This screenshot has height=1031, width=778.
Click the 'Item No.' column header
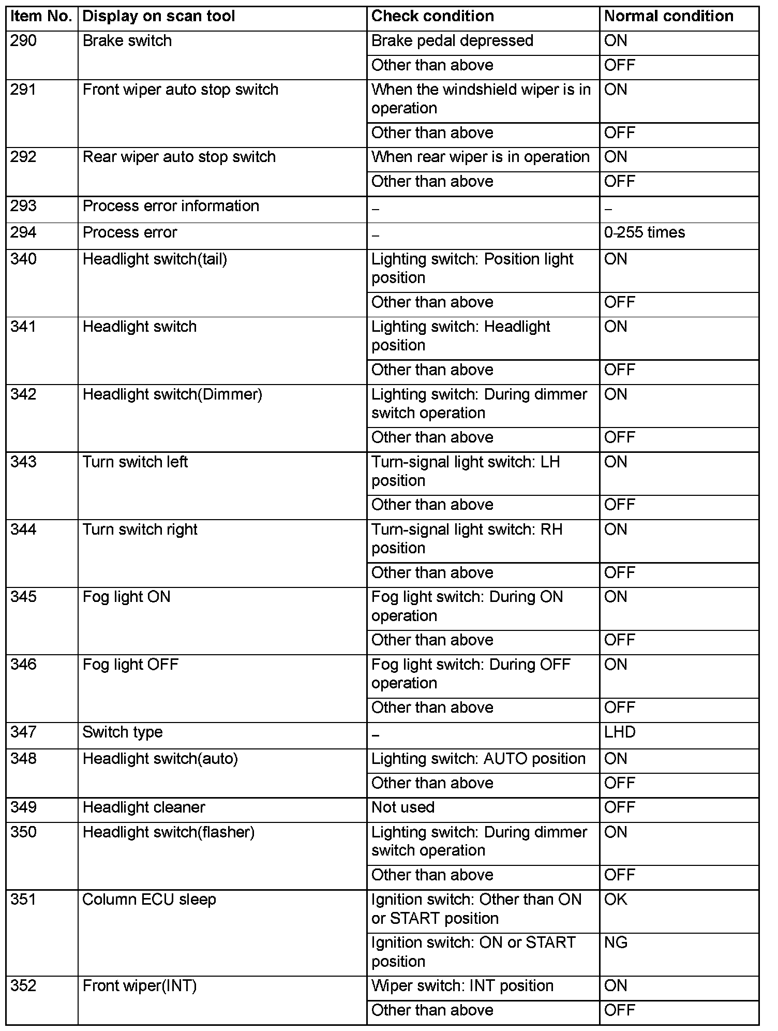pos(41,17)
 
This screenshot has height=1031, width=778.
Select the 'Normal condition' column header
pos(668,17)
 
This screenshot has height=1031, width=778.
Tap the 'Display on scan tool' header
pos(159,17)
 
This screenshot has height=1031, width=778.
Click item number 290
pos(24,41)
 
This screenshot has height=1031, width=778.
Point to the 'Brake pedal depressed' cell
pos(452,41)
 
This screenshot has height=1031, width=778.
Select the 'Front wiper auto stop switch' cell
pos(181,90)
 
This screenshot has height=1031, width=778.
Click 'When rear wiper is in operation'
pos(481,157)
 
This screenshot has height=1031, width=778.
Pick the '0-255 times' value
pos(645,232)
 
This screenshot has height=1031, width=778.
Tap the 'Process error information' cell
pos(171,207)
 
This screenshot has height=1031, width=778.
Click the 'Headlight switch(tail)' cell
pos(155,259)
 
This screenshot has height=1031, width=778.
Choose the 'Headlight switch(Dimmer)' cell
pos(172,395)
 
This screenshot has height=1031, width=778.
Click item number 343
pos(24,462)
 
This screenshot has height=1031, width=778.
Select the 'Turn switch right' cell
pos(140,530)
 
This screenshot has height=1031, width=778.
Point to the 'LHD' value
pos(620,732)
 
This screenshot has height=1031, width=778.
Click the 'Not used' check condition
pos(403,807)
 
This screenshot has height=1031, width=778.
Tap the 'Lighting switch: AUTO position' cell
pos(478,759)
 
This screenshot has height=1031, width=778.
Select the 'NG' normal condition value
pos(616,942)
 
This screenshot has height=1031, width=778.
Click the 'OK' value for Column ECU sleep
pos(616,900)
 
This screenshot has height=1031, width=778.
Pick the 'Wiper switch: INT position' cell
pos(462,986)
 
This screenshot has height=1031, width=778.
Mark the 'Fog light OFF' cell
pos(130,665)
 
